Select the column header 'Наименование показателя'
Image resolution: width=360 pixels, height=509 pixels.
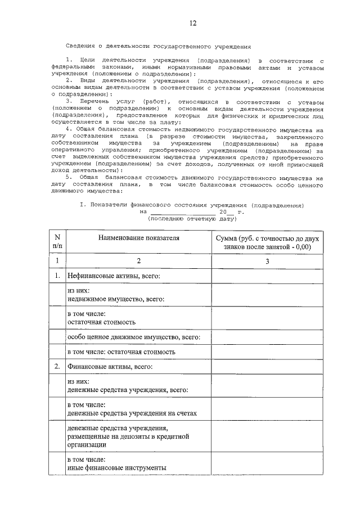138,238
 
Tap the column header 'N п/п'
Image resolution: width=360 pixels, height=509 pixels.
57,242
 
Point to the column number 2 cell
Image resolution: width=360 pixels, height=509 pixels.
138,261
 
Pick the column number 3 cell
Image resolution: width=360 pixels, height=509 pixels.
267,261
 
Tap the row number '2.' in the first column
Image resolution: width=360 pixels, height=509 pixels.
57,367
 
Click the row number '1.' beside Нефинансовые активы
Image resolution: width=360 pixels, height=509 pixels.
57,277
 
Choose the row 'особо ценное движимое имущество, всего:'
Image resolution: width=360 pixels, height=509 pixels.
134,337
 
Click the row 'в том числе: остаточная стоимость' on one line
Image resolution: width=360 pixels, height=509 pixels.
121,352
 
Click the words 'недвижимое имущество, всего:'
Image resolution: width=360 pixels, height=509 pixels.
116,300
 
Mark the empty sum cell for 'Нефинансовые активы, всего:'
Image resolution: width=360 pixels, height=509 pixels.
267,277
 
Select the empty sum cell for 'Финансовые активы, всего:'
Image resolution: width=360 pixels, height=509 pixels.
267,367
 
